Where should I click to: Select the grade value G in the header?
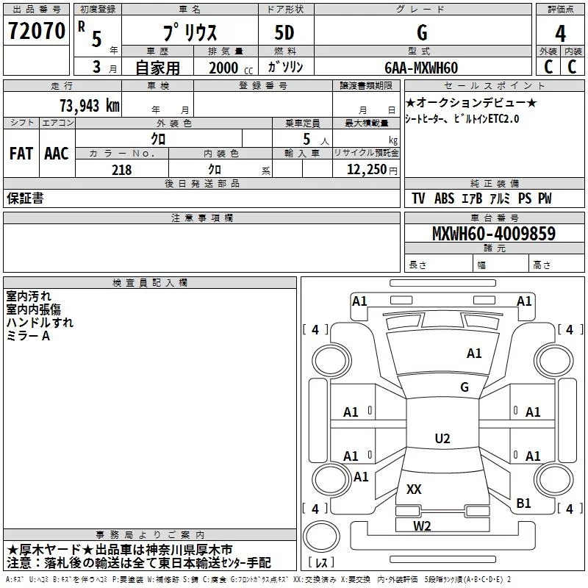(421, 32)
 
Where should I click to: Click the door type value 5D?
(286, 32)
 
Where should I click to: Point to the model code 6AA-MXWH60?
(421, 68)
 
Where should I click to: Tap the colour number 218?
(121, 170)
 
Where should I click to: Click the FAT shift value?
(21, 154)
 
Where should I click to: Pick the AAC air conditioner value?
(57, 154)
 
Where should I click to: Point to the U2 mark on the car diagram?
(442, 439)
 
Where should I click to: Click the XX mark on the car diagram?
(414, 489)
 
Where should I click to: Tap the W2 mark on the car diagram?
(422, 526)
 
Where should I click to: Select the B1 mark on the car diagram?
(523, 503)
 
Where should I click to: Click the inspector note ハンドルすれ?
(40, 323)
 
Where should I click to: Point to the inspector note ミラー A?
(28, 336)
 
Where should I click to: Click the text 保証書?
(25, 198)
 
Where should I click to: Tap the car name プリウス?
(189, 33)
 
